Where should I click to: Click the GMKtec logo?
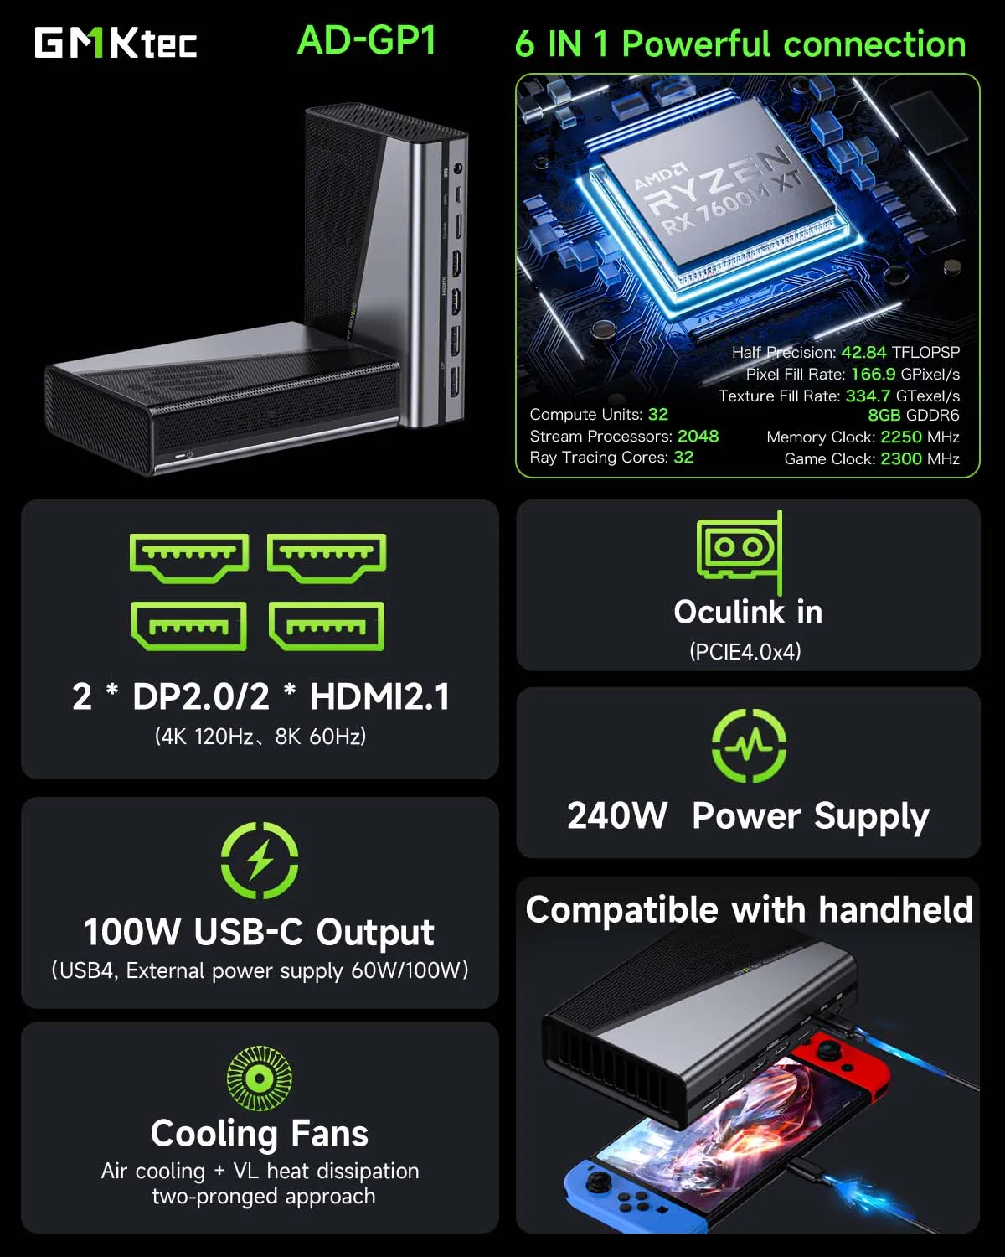click(116, 43)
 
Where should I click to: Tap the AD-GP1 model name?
click(367, 40)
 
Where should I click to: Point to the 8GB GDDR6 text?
click(913, 416)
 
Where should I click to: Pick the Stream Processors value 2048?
click(698, 436)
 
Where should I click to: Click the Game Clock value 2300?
click(901, 458)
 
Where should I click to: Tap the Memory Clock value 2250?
click(901, 437)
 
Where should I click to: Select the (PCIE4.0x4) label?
click(745, 651)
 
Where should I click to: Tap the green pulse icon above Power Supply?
click(749, 745)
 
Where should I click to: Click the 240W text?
click(617, 815)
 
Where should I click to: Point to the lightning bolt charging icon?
click(260, 861)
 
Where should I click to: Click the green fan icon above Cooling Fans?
click(260, 1079)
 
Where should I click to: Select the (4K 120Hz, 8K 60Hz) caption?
click(260, 737)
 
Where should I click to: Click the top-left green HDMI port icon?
click(189, 556)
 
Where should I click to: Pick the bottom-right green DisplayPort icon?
click(327, 626)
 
